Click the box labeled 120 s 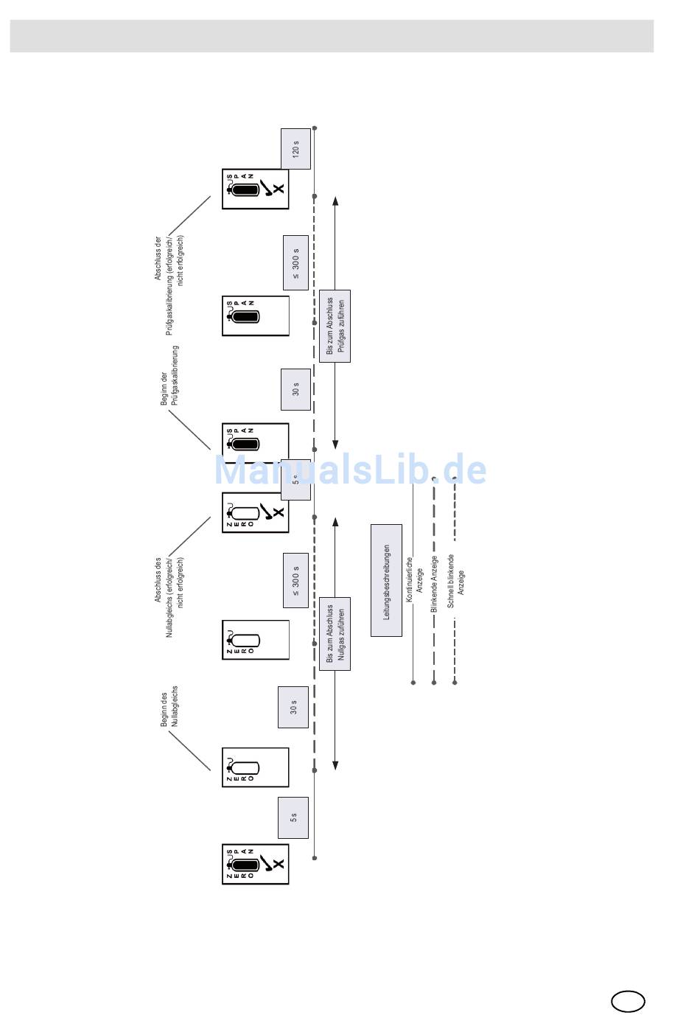point(295,149)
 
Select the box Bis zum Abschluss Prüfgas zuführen point(335,326)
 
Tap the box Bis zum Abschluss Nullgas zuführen point(335,633)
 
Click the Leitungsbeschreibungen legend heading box point(386,580)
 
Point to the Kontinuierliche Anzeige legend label point(414,579)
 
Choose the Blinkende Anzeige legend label point(435,584)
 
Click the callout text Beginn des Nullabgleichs point(169,706)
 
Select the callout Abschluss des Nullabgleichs point(169,597)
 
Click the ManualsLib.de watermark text point(350,470)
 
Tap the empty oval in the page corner point(628,1001)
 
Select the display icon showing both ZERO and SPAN point(255,864)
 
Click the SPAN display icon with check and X point(255,189)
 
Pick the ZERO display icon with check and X point(255,512)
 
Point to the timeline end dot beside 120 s point(315,128)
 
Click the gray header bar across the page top point(332,36)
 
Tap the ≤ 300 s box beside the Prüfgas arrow point(295,262)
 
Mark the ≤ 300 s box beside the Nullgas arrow point(295,580)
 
